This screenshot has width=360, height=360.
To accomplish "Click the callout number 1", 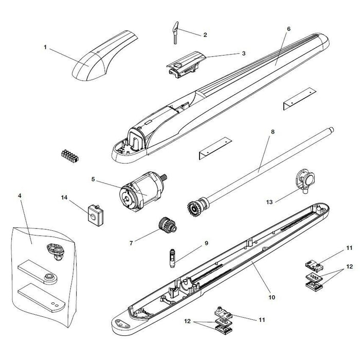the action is [45, 47].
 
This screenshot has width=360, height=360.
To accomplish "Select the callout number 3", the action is [244, 53].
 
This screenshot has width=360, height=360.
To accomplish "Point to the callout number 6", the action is [289, 29].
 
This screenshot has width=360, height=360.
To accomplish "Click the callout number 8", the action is [273, 132].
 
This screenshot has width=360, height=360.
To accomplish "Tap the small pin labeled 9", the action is [172, 258].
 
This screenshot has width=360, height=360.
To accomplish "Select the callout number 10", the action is [272, 297].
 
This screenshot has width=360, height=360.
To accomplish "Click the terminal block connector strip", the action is [70, 156].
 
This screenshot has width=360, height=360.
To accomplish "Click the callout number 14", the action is [64, 197].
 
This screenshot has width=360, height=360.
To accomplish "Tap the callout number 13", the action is [269, 202].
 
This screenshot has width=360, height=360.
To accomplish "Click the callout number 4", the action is [20, 196].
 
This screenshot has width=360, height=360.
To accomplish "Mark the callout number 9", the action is [206, 243].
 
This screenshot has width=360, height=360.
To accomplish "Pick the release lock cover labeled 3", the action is [186, 64].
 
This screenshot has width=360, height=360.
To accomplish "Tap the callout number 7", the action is [131, 243].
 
